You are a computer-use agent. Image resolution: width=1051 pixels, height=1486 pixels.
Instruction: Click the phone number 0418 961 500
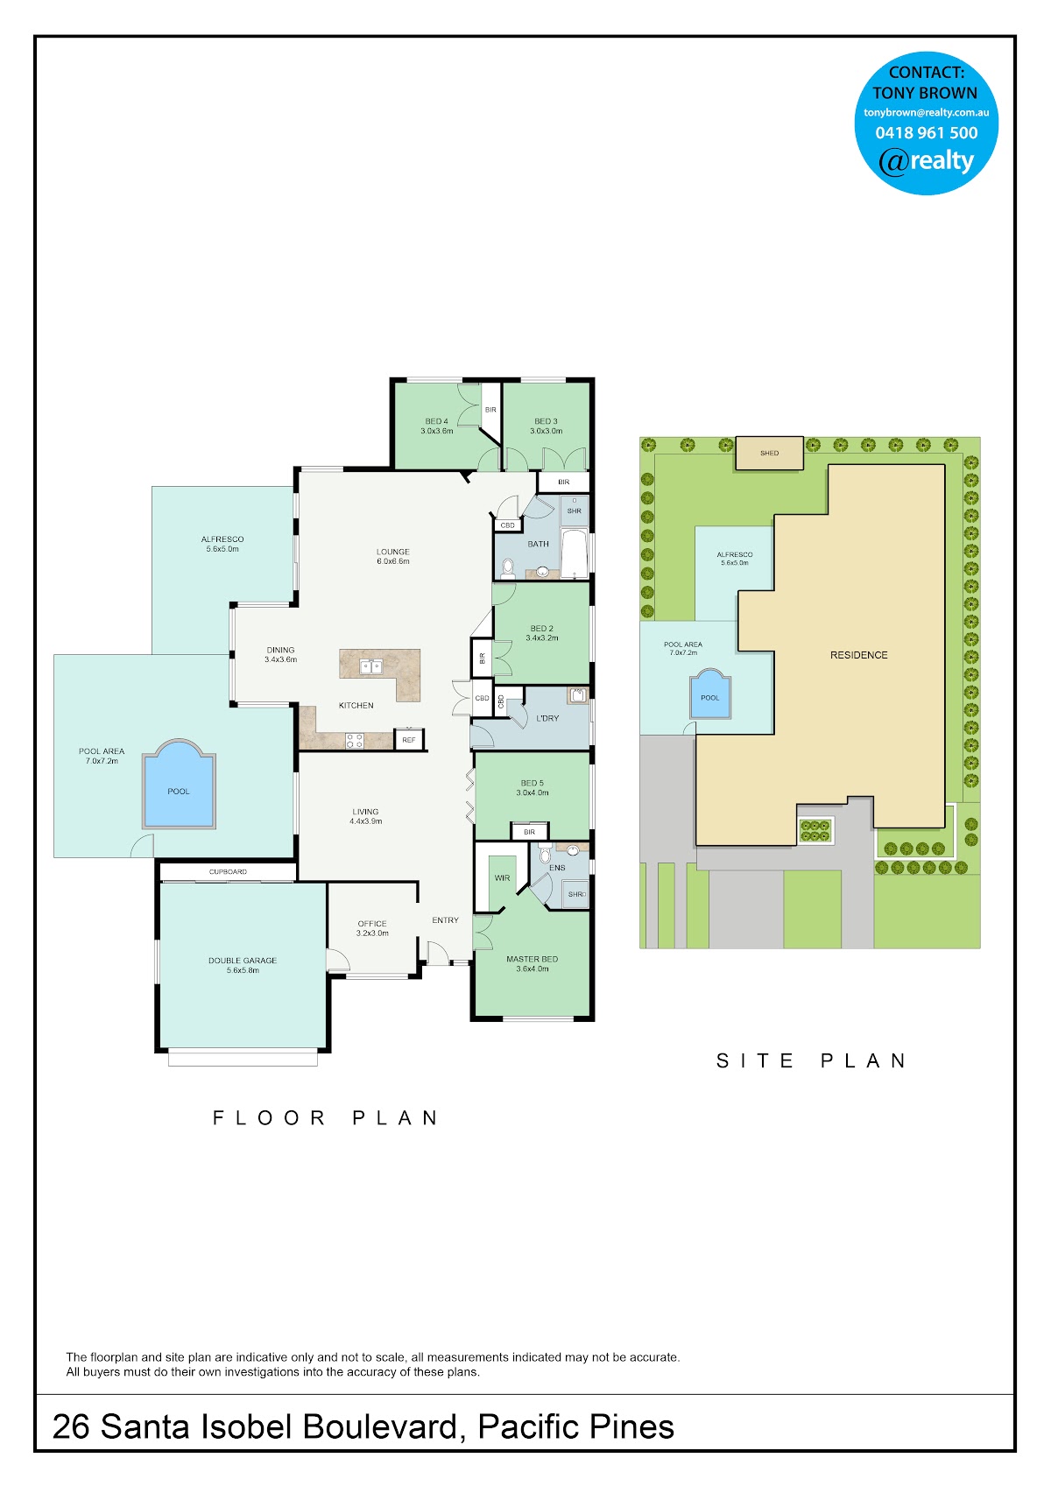[x=927, y=133]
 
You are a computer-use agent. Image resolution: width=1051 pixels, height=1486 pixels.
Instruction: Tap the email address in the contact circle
[x=927, y=112]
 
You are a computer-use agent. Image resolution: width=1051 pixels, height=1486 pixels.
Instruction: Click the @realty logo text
[x=927, y=161]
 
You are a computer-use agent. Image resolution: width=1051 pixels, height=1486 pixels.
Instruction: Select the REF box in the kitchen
[x=409, y=740]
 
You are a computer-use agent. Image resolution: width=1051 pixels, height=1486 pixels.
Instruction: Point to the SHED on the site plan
[x=770, y=453]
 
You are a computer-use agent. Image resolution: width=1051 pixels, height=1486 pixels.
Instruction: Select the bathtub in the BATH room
[x=575, y=553]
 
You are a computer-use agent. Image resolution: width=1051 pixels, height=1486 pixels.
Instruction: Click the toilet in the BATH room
[x=508, y=567]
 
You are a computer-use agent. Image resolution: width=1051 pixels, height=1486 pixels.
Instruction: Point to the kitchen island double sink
[x=370, y=666]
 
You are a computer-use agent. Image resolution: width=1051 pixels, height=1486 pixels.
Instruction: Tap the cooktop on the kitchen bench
[x=355, y=740]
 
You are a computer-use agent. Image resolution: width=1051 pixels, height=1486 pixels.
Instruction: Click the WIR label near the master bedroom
[x=502, y=877]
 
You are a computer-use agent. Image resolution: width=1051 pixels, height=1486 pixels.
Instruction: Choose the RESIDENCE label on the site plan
[x=858, y=655]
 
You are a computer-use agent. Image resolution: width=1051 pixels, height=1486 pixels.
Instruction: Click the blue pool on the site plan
[x=710, y=694]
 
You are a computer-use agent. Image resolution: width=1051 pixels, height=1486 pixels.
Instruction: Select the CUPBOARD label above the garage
[x=228, y=871]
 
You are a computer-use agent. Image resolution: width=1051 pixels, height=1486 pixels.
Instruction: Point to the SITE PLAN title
[x=811, y=1060]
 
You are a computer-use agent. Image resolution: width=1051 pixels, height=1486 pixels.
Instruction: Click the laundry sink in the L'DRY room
[x=578, y=694]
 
